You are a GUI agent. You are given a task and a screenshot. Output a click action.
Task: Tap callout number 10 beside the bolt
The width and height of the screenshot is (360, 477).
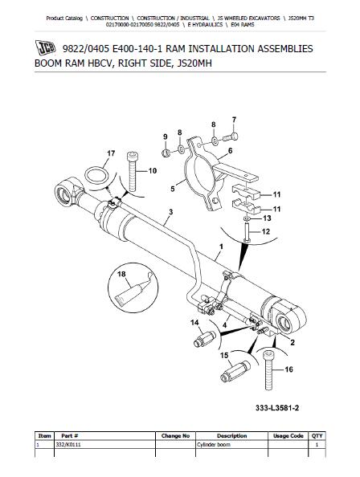pyautogui.click(x=153, y=171)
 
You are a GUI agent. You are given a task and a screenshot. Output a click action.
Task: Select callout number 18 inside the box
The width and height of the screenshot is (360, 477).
pyautogui.click(x=123, y=274)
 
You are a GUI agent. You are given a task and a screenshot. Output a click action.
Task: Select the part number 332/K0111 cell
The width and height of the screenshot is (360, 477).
pyautogui.click(x=51, y=444)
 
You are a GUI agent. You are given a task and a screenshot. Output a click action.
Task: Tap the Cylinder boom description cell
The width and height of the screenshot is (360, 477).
pyautogui.click(x=211, y=444)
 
